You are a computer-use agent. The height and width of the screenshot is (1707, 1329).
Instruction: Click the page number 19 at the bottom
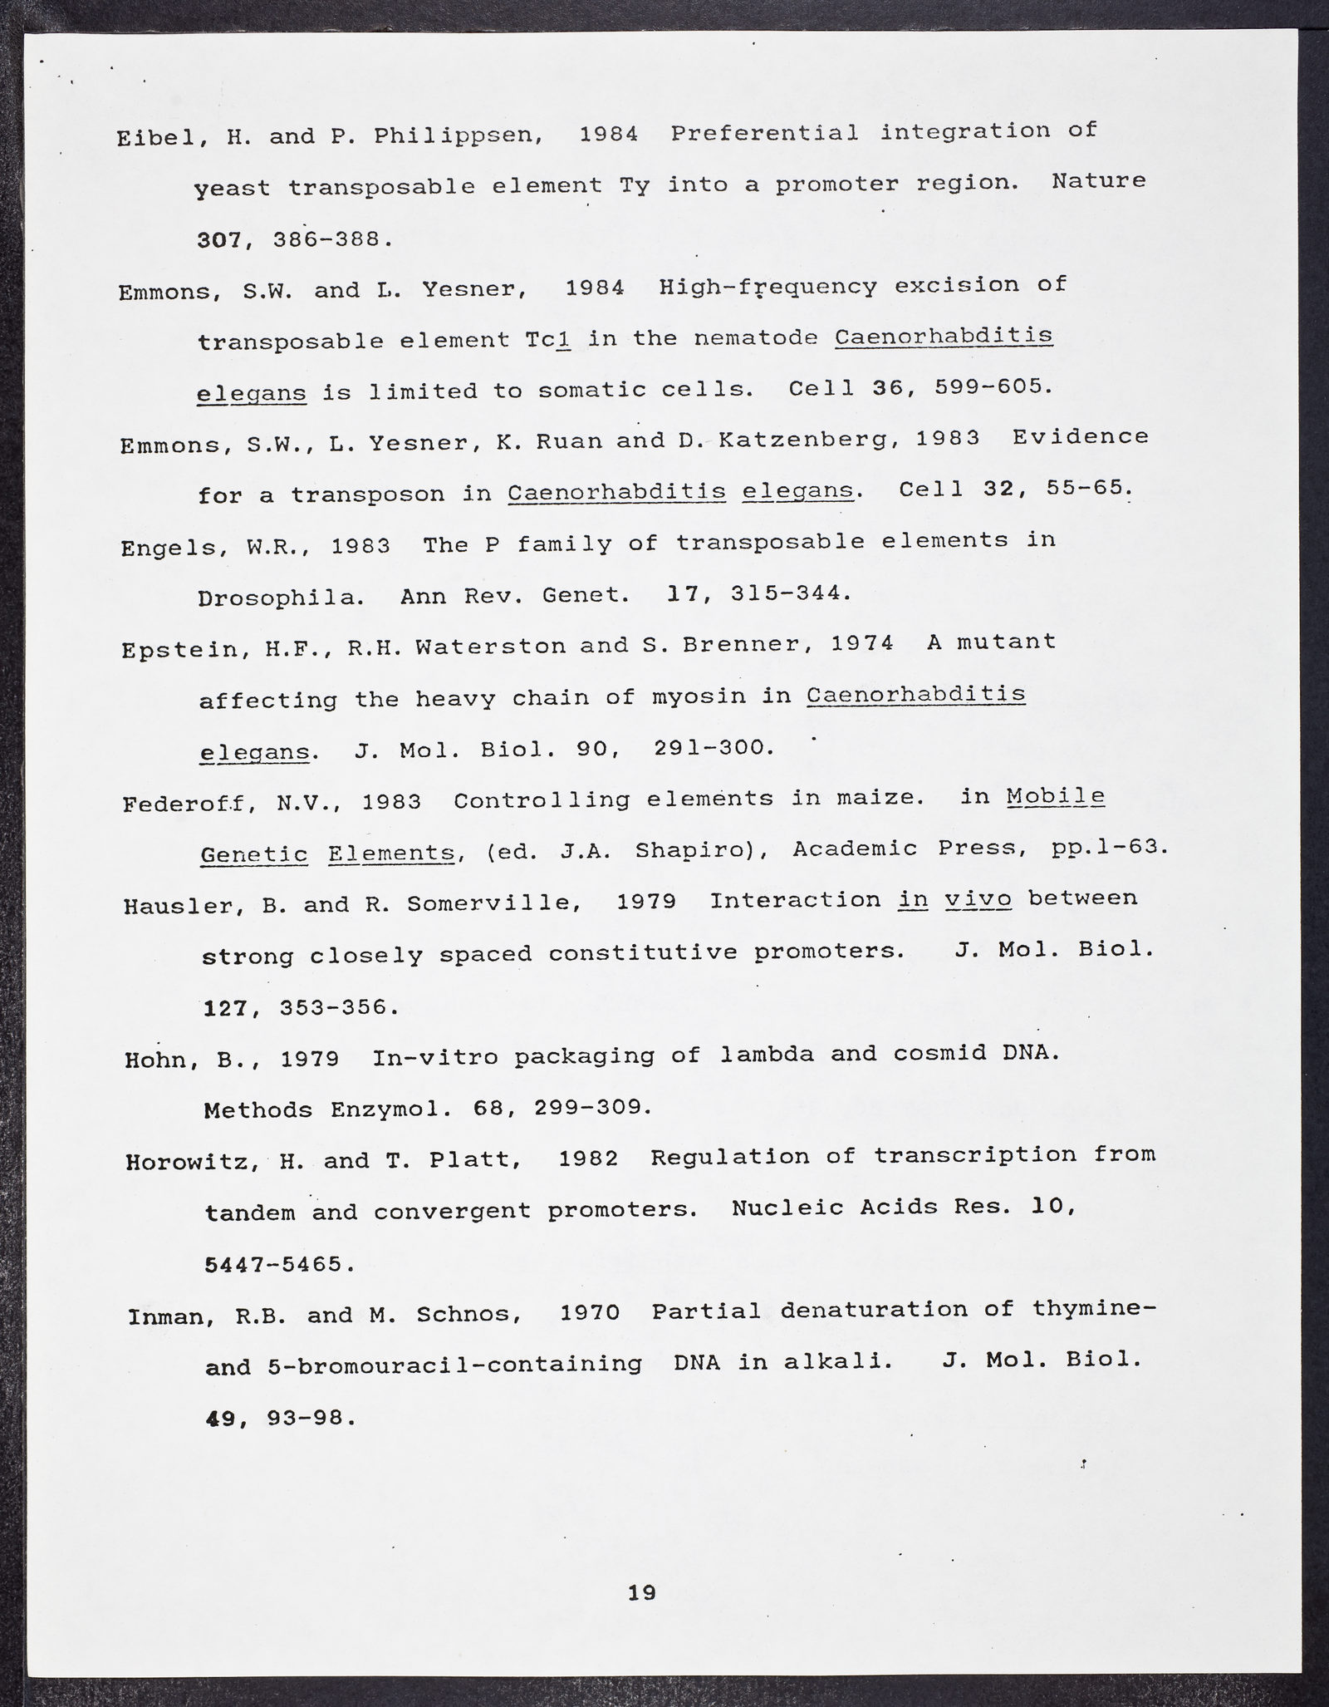(642, 1592)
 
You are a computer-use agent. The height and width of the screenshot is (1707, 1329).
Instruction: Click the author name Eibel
(156, 138)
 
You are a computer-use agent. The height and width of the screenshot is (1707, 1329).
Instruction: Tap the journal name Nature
(1098, 180)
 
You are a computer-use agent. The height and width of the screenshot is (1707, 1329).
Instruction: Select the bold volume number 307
(218, 240)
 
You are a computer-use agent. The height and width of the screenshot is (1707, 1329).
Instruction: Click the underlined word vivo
(978, 900)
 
